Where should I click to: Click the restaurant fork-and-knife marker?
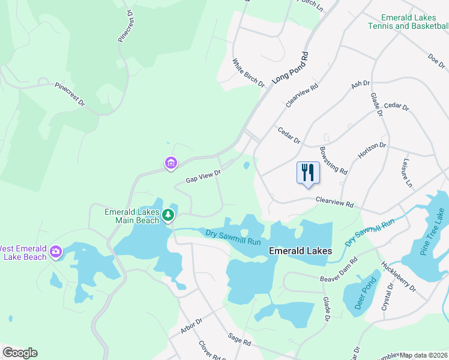pos(308,173)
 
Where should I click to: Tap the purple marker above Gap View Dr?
pos(171,163)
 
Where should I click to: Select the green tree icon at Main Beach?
pos(169,214)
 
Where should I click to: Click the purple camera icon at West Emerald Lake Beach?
pos(56,251)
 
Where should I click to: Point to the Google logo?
pos(20,353)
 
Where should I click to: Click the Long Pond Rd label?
pos(291,67)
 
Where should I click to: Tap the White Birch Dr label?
pos(249,73)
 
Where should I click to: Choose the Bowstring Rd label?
pos(334,160)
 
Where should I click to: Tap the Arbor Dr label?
pos(193,326)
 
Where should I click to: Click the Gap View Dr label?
pos(203,176)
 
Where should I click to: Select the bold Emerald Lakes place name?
pos(300,251)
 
